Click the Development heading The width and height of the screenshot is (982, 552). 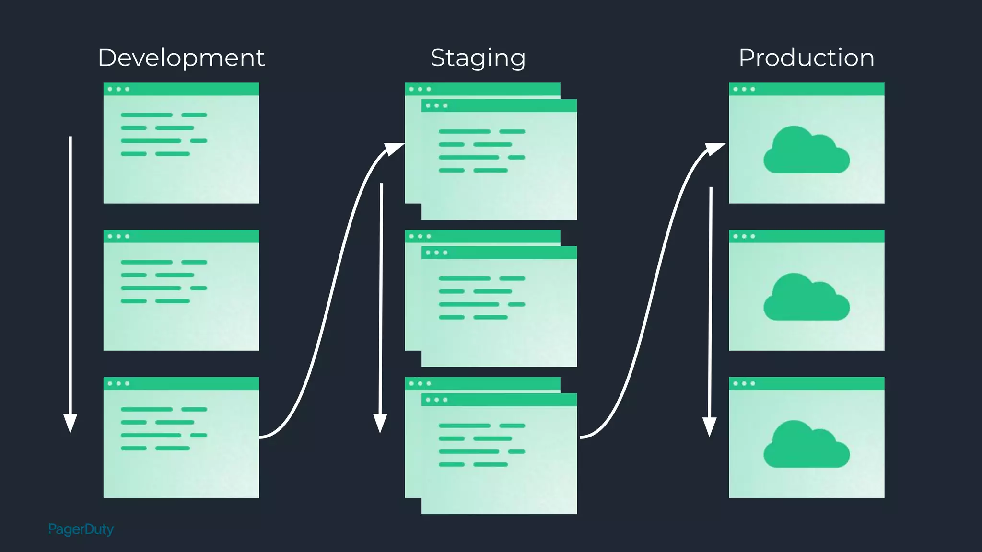click(x=181, y=58)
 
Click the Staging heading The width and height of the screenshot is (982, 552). click(x=478, y=58)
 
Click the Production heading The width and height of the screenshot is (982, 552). click(x=807, y=58)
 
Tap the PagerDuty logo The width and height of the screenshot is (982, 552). click(x=81, y=529)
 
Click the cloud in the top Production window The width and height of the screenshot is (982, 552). click(x=807, y=150)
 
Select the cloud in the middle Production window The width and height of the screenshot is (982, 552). click(x=807, y=298)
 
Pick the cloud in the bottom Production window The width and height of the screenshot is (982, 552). click(x=807, y=445)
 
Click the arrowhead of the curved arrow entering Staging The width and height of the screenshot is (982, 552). click(x=396, y=148)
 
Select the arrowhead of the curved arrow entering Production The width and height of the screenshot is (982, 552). click(x=716, y=148)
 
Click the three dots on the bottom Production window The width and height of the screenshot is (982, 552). click(x=744, y=383)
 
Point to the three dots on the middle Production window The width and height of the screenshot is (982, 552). click(x=744, y=236)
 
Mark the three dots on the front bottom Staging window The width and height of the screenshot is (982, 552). click(x=436, y=400)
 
